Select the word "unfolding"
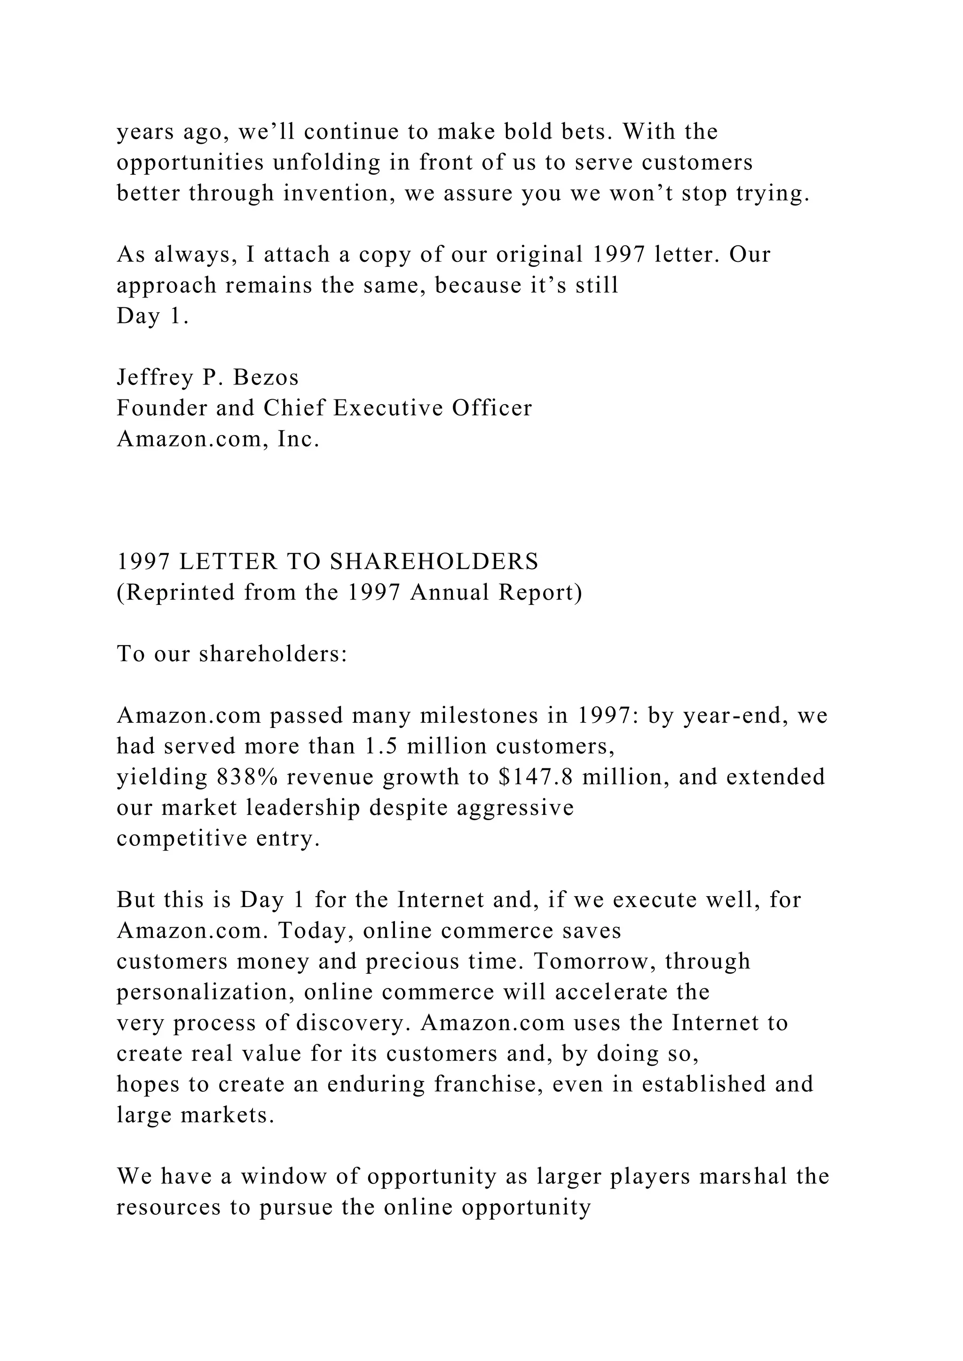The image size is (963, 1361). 326,163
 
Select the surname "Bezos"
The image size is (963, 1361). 266,377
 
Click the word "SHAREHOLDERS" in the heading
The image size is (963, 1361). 434,562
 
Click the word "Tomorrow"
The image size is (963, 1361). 595,962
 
